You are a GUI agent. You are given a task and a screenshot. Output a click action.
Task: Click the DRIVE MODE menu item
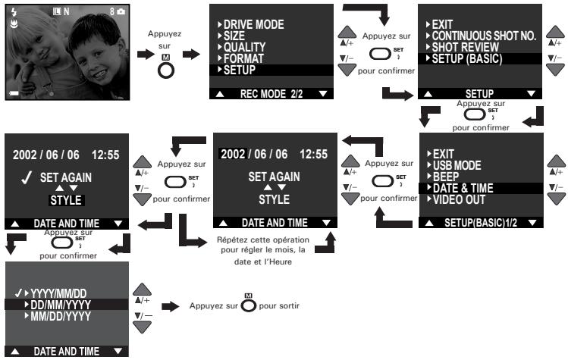click(x=253, y=24)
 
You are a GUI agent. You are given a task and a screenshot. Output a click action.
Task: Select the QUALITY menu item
click(x=244, y=47)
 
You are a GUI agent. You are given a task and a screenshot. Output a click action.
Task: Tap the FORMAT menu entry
click(x=243, y=58)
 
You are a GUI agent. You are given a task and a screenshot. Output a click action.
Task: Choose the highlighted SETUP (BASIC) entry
click(x=467, y=58)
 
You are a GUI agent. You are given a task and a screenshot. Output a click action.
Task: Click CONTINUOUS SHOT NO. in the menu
click(x=484, y=36)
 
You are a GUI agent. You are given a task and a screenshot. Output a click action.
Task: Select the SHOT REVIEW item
click(x=465, y=47)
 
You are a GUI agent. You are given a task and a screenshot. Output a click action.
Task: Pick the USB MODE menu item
click(x=457, y=165)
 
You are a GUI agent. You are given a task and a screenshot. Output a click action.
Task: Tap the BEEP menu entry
click(x=446, y=177)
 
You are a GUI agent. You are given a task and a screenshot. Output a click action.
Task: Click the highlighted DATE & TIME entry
click(x=463, y=188)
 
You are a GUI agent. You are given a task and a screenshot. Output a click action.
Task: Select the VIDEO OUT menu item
click(x=459, y=199)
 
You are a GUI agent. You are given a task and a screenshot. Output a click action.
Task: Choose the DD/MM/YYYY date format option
click(x=61, y=305)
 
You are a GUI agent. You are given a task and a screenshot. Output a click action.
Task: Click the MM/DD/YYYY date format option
click(x=61, y=316)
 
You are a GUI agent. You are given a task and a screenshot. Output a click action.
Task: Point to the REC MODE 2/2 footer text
click(x=271, y=94)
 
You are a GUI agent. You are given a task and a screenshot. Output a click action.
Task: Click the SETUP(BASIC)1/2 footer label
click(x=481, y=223)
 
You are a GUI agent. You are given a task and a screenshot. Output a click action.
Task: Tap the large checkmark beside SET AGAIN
click(x=27, y=177)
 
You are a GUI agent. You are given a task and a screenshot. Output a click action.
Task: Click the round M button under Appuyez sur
click(x=166, y=70)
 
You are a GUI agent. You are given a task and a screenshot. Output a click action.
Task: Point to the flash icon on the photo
click(x=14, y=12)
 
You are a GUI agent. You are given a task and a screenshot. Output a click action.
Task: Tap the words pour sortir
click(x=279, y=305)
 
